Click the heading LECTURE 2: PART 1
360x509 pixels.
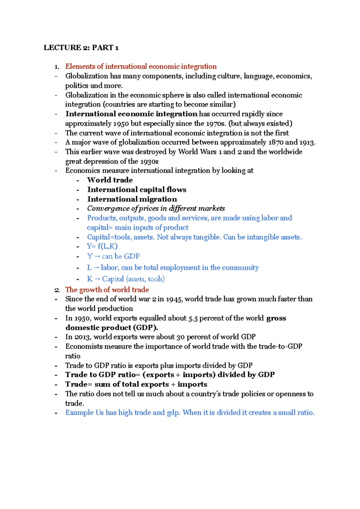click(x=81, y=48)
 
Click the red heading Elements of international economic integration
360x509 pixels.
click(x=141, y=66)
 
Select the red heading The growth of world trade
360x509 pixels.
click(x=107, y=290)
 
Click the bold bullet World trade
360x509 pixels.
click(x=110, y=180)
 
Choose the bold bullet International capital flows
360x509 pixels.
click(x=136, y=189)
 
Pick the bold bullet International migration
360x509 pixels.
click(x=132, y=199)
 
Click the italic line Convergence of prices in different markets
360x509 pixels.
click(x=156, y=208)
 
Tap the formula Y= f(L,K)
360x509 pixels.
click(x=102, y=246)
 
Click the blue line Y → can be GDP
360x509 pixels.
click(x=113, y=256)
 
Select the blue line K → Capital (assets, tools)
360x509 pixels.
click(x=125, y=279)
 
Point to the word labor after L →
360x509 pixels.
click(x=109, y=268)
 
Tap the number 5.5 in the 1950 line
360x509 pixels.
click(x=193, y=318)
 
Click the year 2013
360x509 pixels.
click(x=82, y=337)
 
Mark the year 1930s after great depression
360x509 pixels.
click(x=149, y=161)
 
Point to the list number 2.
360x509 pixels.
click(x=57, y=290)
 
